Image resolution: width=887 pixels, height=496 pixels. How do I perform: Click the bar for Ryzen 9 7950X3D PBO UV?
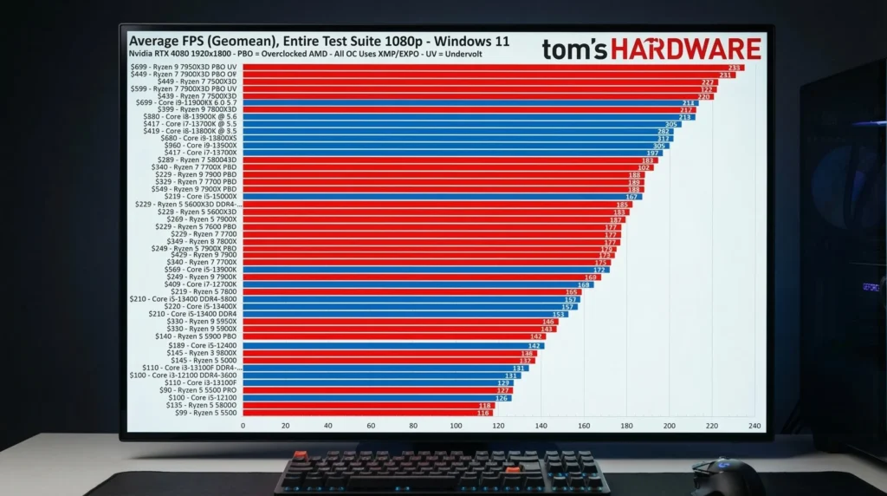(x=485, y=68)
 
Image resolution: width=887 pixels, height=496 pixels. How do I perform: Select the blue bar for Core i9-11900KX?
(x=468, y=102)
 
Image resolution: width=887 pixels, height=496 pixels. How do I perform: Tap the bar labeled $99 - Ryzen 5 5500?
(x=364, y=413)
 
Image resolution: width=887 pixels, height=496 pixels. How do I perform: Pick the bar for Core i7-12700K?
(x=416, y=284)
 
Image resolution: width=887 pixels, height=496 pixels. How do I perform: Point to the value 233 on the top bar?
(x=735, y=68)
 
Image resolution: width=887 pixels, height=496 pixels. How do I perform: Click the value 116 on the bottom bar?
(x=484, y=413)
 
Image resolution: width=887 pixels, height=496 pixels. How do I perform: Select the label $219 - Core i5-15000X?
(x=199, y=197)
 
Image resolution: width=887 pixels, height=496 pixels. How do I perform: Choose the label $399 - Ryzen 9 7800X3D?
(x=199, y=110)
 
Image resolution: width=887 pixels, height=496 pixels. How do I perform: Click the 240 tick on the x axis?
(x=754, y=426)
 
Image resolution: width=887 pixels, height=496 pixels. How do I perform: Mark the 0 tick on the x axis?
(x=243, y=426)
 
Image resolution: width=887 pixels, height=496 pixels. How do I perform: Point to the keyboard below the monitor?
(x=442, y=473)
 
